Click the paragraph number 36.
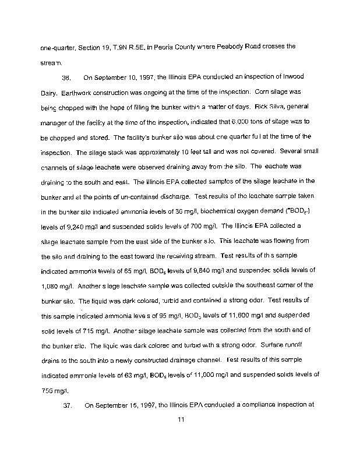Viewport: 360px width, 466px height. click(x=66, y=77)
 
